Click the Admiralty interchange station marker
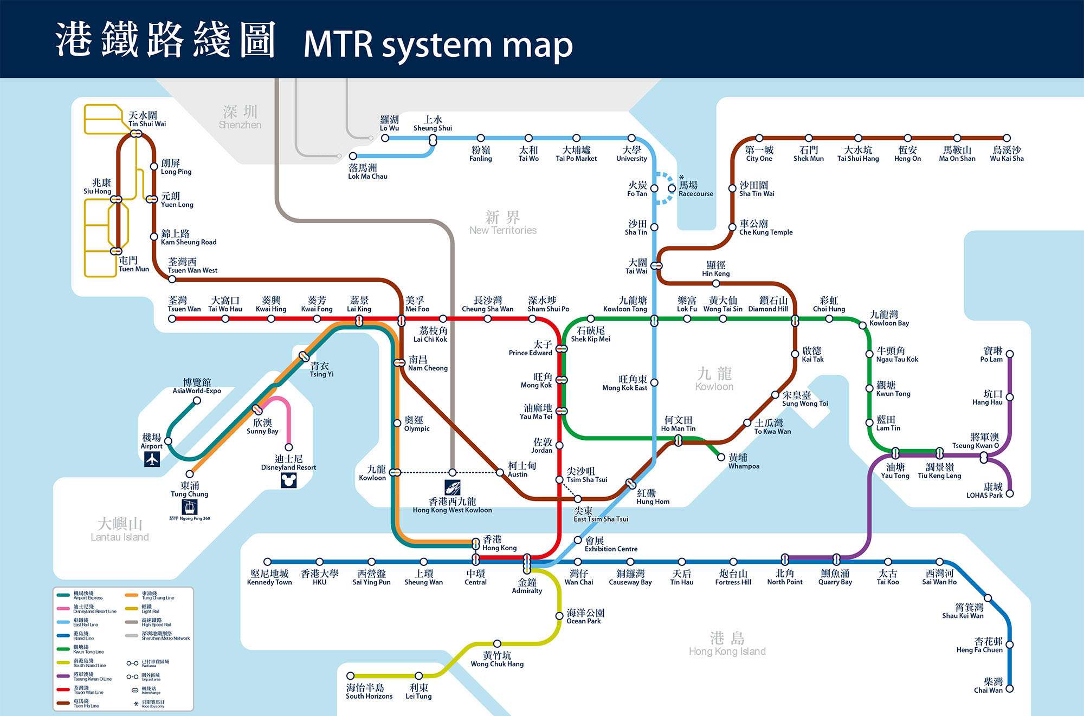[x=527, y=564]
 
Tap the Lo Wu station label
[x=389, y=123]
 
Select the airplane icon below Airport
[x=152, y=459]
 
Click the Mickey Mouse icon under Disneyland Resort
[x=289, y=480]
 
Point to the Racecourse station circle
[x=672, y=188]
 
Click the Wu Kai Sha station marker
[x=1006, y=138]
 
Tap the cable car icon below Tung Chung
[x=190, y=507]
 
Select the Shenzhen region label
[x=240, y=117]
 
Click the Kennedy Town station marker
[x=267, y=562]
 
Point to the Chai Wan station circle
[x=1010, y=689]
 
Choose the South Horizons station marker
[x=351, y=675]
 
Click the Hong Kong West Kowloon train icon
[x=453, y=487]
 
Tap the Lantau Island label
[x=120, y=529]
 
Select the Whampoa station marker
[x=721, y=457]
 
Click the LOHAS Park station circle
[x=1010, y=493]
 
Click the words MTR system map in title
[x=438, y=44]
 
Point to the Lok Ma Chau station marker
[x=353, y=156]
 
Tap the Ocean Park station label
[x=585, y=616]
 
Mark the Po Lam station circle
[x=1010, y=354]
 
